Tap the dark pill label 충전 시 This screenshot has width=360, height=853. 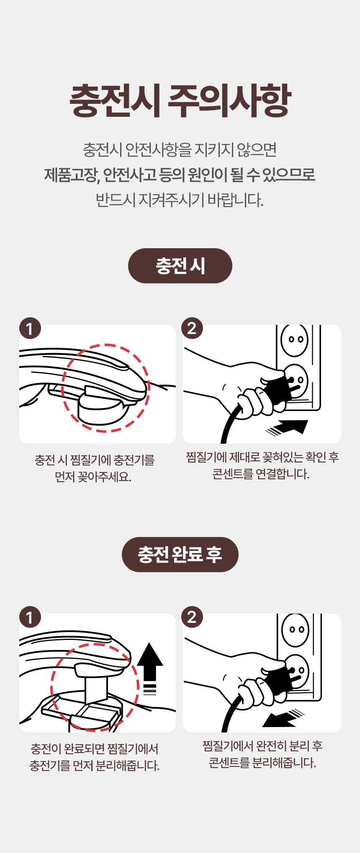click(x=180, y=266)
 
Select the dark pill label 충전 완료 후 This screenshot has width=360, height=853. click(x=180, y=555)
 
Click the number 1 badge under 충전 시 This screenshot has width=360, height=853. click(x=30, y=328)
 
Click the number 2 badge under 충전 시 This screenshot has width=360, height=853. click(x=192, y=328)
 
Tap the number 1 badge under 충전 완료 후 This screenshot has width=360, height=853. click(x=30, y=617)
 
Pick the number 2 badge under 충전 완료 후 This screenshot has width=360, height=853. click(x=192, y=617)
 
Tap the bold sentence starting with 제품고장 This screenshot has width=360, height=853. click(x=180, y=175)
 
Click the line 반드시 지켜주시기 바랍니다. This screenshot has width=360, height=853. click(x=180, y=200)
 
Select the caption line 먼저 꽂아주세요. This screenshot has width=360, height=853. click(x=93, y=477)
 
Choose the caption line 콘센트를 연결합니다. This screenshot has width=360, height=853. click(x=261, y=474)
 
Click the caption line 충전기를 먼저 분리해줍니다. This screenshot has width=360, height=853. click(x=95, y=766)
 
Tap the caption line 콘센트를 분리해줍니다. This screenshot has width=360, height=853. click(x=262, y=763)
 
